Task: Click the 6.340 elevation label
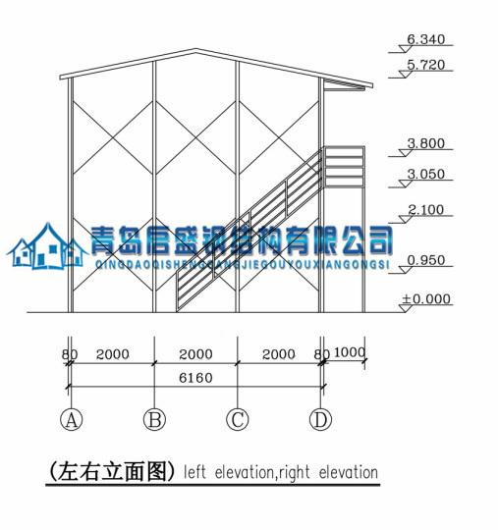pos(425,39)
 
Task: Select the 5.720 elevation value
pos(425,65)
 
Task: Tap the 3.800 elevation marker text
pos(425,143)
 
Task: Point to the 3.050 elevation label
pos(425,174)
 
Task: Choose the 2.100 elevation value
pos(425,210)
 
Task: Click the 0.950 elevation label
pos(425,260)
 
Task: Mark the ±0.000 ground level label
pos(426,299)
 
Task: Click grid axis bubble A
pos(71,420)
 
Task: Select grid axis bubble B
pos(154,420)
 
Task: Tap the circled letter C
pos(238,420)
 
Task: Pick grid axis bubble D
pos(321,420)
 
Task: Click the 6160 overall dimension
pos(195,378)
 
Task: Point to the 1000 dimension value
pos(350,352)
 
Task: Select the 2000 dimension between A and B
pos(113,354)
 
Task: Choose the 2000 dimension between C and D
pos(279,354)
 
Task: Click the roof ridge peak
pos(196,49)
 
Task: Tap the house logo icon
pos(47,246)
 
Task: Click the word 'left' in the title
pos(194,472)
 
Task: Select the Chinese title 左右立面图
pos(112,471)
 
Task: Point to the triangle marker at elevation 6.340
pos(406,49)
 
